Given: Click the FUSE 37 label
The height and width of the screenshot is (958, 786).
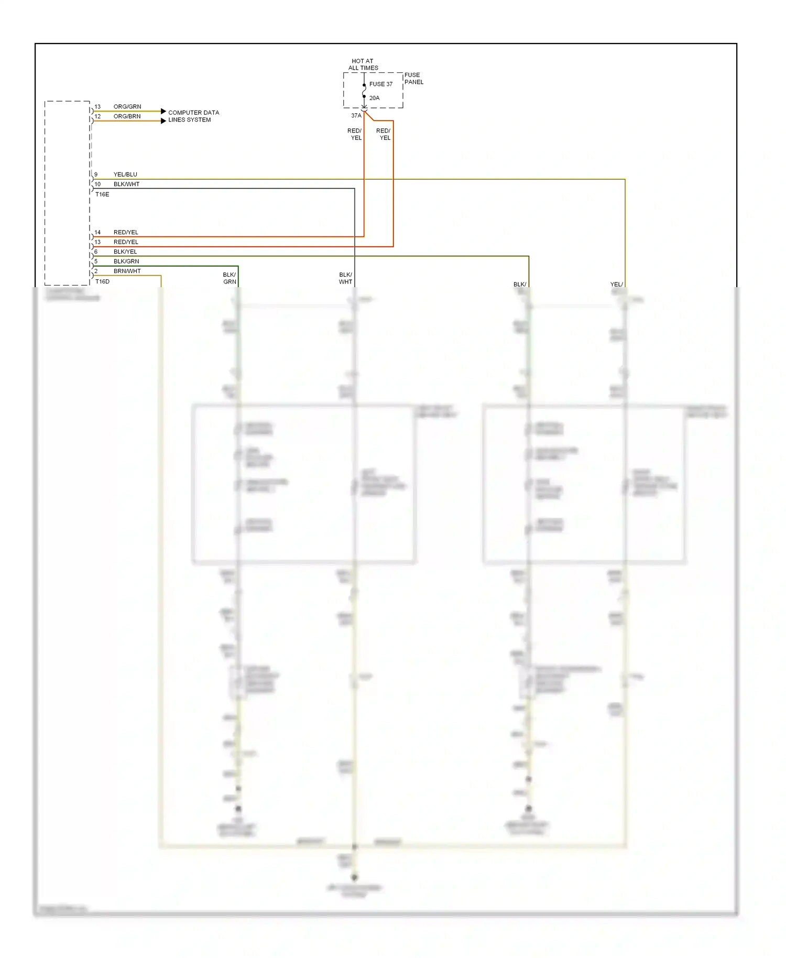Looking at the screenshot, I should click(x=380, y=84).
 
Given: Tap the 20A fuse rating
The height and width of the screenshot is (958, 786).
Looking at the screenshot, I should click(x=374, y=98).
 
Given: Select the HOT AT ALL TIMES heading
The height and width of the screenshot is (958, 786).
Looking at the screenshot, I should click(x=363, y=64).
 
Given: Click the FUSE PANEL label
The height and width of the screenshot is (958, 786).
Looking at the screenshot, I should click(x=413, y=79).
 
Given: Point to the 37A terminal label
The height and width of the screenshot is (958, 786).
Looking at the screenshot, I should click(x=356, y=116).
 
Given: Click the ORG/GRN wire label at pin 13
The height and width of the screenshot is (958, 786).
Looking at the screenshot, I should click(x=127, y=106).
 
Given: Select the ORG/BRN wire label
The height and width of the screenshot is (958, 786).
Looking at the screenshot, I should click(x=127, y=116).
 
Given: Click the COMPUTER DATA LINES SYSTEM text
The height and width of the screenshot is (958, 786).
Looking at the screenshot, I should click(x=193, y=116).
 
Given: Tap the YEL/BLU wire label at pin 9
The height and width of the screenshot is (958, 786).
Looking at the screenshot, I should click(x=125, y=175).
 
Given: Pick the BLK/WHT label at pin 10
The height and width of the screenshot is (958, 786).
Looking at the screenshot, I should click(x=126, y=184).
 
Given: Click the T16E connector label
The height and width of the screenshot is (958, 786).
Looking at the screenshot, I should click(x=102, y=194).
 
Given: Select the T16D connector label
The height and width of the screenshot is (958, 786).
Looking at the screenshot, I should click(x=102, y=281).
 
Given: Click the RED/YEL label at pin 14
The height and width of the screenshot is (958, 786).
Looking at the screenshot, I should click(x=126, y=232).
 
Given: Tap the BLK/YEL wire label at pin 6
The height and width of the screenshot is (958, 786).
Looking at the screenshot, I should click(x=125, y=252).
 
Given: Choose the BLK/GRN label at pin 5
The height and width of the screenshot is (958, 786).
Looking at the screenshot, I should click(x=126, y=261).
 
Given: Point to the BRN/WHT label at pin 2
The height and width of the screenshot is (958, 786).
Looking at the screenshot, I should click(x=127, y=271).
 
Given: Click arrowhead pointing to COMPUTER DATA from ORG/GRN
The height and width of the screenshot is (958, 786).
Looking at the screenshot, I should click(x=163, y=111).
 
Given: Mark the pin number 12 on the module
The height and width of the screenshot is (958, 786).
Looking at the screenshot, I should click(x=97, y=116).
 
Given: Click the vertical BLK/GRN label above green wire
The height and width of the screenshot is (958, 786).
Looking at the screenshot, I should click(x=230, y=278).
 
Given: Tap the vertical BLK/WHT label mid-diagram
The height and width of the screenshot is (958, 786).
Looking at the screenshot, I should click(x=345, y=278).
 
